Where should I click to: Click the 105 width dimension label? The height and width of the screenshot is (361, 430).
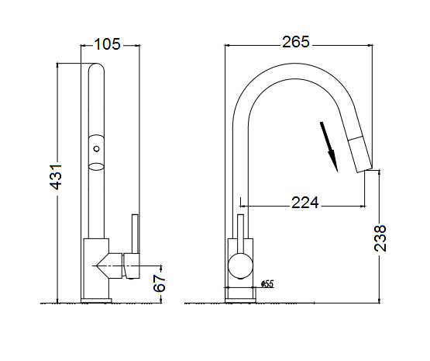[107, 44]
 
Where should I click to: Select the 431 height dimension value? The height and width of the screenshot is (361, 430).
[56, 177]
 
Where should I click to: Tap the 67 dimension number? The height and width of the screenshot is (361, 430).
[160, 283]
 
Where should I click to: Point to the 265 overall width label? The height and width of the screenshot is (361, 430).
[296, 42]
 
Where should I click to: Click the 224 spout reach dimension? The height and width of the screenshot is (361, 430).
[305, 203]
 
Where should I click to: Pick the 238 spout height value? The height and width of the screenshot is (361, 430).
[380, 238]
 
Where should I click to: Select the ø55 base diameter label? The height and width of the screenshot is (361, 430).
[267, 283]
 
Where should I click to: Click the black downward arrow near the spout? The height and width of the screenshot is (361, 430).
[329, 148]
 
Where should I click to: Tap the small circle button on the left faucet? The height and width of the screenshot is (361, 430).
[96, 149]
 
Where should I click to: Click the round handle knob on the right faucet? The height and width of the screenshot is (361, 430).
[240, 265]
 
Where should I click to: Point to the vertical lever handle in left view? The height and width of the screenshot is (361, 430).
[136, 234]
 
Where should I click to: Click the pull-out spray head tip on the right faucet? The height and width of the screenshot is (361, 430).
[364, 169]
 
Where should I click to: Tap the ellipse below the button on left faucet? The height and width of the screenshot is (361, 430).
[96, 166]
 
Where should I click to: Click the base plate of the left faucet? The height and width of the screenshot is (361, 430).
[96, 300]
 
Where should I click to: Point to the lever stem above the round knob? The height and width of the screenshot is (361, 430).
[240, 234]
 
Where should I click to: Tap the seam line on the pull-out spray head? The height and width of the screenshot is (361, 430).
[356, 138]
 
